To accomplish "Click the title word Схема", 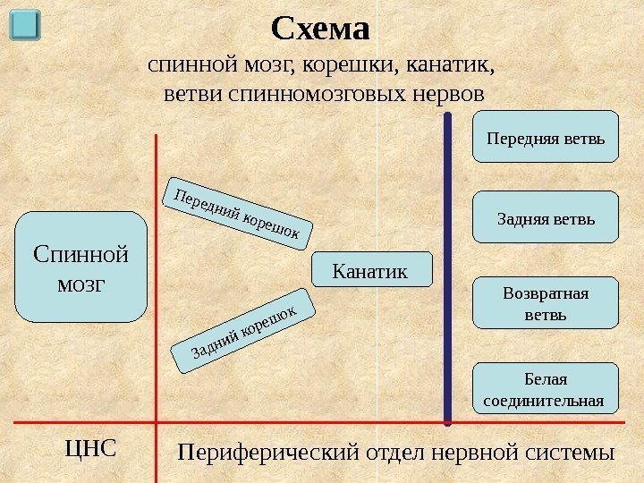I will pyautogui.click(x=320, y=30).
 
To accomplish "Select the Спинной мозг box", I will pyautogui.click(x=80, y=267).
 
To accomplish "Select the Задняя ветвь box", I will pyautogui.click(x=545, y=218).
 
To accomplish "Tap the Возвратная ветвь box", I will pyautogui.click(x=545, y=303).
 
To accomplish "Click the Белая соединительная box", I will pyautogui.click(x=545, y=389).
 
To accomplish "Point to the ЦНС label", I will pyautogui.click(x=91, y=446).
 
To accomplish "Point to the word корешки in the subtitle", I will pyautogui.click(x=353, y=65).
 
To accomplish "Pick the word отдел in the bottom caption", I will pyautogui.click(x=394, y=453).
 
